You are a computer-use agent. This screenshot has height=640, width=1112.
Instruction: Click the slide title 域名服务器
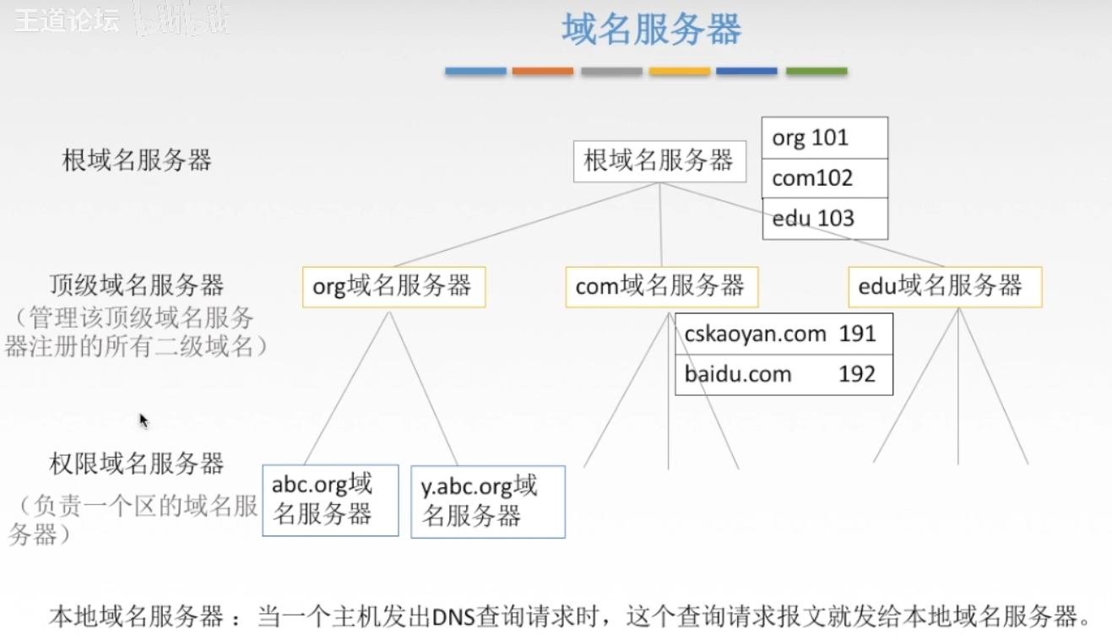pos(651,30)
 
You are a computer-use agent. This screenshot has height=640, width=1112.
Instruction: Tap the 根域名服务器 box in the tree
pos(659,160)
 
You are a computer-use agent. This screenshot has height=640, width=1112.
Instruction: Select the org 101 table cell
pos(825,138)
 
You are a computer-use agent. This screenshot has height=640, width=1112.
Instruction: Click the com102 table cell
pos(825,178)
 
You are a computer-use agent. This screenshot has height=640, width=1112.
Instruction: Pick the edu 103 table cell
pos(825,219)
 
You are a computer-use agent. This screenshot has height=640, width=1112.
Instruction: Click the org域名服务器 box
pos(393,287)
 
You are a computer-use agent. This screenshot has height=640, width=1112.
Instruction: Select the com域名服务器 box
pos(661,287)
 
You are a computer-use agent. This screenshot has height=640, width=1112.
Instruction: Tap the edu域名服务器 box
pos(945,287)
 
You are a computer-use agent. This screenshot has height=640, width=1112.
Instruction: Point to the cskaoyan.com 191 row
pos(784,334)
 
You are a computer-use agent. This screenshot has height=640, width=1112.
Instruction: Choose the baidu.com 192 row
pos(784,374)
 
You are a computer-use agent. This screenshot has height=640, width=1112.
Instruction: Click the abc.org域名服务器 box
pos(330,500)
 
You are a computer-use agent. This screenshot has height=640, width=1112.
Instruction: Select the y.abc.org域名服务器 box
pos(488,502)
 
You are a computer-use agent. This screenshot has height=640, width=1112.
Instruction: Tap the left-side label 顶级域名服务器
pos(136,285)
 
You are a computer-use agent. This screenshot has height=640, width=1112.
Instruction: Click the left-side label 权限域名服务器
pos(136,464)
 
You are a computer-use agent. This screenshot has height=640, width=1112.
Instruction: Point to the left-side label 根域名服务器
pos(137,160)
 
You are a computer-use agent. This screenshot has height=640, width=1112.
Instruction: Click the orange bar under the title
pos(543,72)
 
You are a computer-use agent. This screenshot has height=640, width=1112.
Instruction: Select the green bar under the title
pos(816,72)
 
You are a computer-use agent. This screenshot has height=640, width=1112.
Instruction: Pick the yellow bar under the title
pos(680,72)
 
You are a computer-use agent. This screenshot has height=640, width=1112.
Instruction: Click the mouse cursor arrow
pos(144,420)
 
